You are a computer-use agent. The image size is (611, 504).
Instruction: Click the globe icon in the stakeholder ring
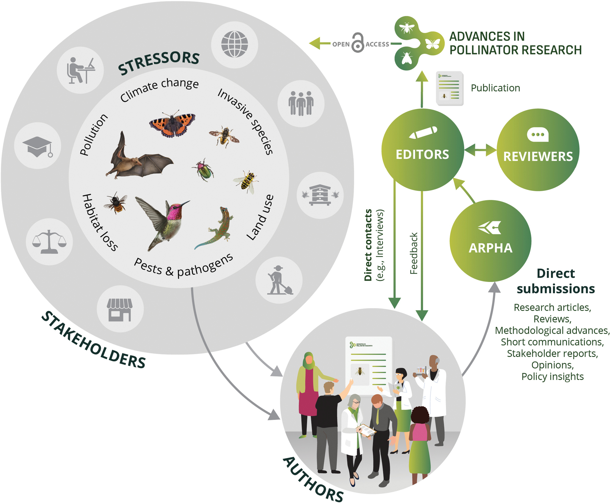[235, 44]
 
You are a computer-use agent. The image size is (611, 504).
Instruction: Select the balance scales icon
[49, 242]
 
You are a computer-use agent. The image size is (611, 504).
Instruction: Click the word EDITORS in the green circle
[422, 155]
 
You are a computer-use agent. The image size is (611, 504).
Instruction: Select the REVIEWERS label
[538, 157]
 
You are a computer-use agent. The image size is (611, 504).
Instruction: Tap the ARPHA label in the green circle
[490, 248]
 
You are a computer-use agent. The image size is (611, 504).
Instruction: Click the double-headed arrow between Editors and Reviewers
[480, 150]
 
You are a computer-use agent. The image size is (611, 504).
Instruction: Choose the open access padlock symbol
[358, 43]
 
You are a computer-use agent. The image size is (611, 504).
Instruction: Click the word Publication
[495, 88]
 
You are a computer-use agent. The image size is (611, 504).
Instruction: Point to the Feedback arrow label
[414, 253]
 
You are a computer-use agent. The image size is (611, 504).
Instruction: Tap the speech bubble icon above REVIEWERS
[538, 135]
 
